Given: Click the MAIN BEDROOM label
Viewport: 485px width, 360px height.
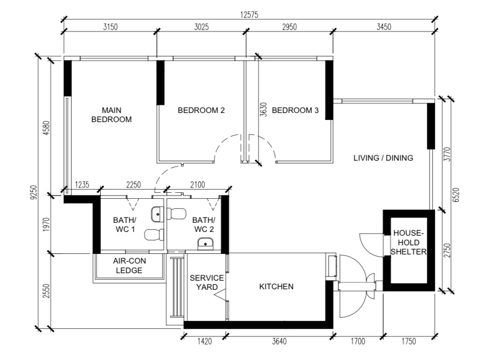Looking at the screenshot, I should pyautogui.click(x=111, y=115).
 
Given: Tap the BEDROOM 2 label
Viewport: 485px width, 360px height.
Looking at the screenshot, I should pyautogui.click(x=201, y=110).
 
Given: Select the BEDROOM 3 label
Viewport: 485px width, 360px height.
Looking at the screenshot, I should pyautogui.click(x=295, y=110).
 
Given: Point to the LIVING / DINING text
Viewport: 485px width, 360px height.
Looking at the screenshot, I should pyautogui.click(x=383, y=158).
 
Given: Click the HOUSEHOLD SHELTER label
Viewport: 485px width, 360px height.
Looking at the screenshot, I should pyautogui.click(x=409, y=243).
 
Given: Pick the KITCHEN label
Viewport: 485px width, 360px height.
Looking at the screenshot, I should pyautogui.click(x=276, y=287).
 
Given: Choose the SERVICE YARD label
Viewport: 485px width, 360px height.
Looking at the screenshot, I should pyautogui.click(x=206, y=282).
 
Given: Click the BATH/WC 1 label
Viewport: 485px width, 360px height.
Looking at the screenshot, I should pyautogui.click(x=124, y=224).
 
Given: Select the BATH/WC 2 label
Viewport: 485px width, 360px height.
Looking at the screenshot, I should pyautogui.click(x=204, y=224).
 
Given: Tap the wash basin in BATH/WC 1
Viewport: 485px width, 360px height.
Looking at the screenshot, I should pyautogui.click(x=156, y=214).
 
